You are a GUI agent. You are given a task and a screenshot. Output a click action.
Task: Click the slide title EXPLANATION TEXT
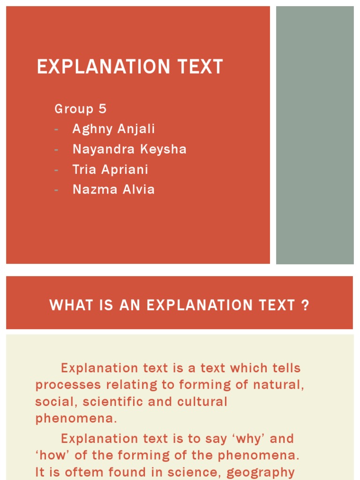130,67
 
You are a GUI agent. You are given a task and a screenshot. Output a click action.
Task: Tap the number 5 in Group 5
102,109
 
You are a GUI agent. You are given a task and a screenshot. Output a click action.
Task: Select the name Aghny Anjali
113,129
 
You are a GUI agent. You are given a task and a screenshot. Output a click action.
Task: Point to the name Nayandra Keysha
129,150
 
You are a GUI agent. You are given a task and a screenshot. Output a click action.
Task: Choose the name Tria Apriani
110,170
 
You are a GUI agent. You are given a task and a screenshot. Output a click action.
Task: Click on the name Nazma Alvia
113,190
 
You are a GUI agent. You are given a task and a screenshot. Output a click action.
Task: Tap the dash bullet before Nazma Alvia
57,190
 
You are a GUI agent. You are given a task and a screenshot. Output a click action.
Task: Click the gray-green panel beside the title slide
315,135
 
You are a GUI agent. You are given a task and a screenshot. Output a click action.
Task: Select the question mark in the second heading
305,306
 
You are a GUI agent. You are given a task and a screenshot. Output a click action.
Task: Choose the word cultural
202,402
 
